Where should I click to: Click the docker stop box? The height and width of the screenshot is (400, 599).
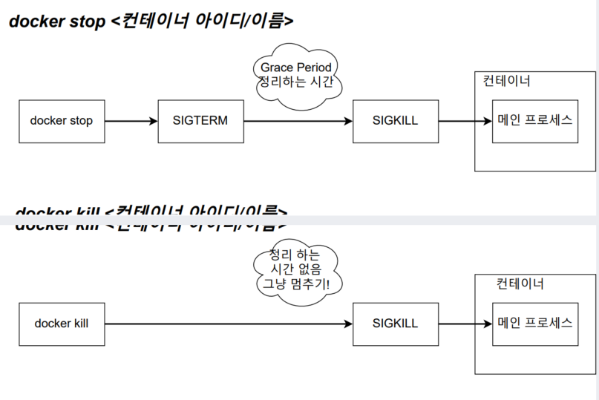62,120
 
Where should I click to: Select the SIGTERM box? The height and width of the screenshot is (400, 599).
200,120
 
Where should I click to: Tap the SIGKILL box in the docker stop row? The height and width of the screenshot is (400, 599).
395,120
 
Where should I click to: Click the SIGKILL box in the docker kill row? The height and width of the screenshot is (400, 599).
395,324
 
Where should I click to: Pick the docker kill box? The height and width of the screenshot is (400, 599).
62,324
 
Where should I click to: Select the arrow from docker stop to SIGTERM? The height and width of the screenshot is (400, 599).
131,120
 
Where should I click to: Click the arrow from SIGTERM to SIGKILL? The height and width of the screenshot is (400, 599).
297,120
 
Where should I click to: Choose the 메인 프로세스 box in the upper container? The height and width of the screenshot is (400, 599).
534,120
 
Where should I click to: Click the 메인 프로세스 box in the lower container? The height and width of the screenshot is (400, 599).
534,323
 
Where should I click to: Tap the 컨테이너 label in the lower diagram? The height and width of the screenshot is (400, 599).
520,283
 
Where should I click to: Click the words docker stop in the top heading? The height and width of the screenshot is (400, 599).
57,22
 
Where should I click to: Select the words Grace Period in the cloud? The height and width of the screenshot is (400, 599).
296,68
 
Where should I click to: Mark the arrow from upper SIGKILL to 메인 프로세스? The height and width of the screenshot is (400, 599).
465,120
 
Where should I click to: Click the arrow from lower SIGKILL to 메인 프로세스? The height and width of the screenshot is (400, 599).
465,324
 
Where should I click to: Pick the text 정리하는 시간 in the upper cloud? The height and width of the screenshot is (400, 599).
296,82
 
